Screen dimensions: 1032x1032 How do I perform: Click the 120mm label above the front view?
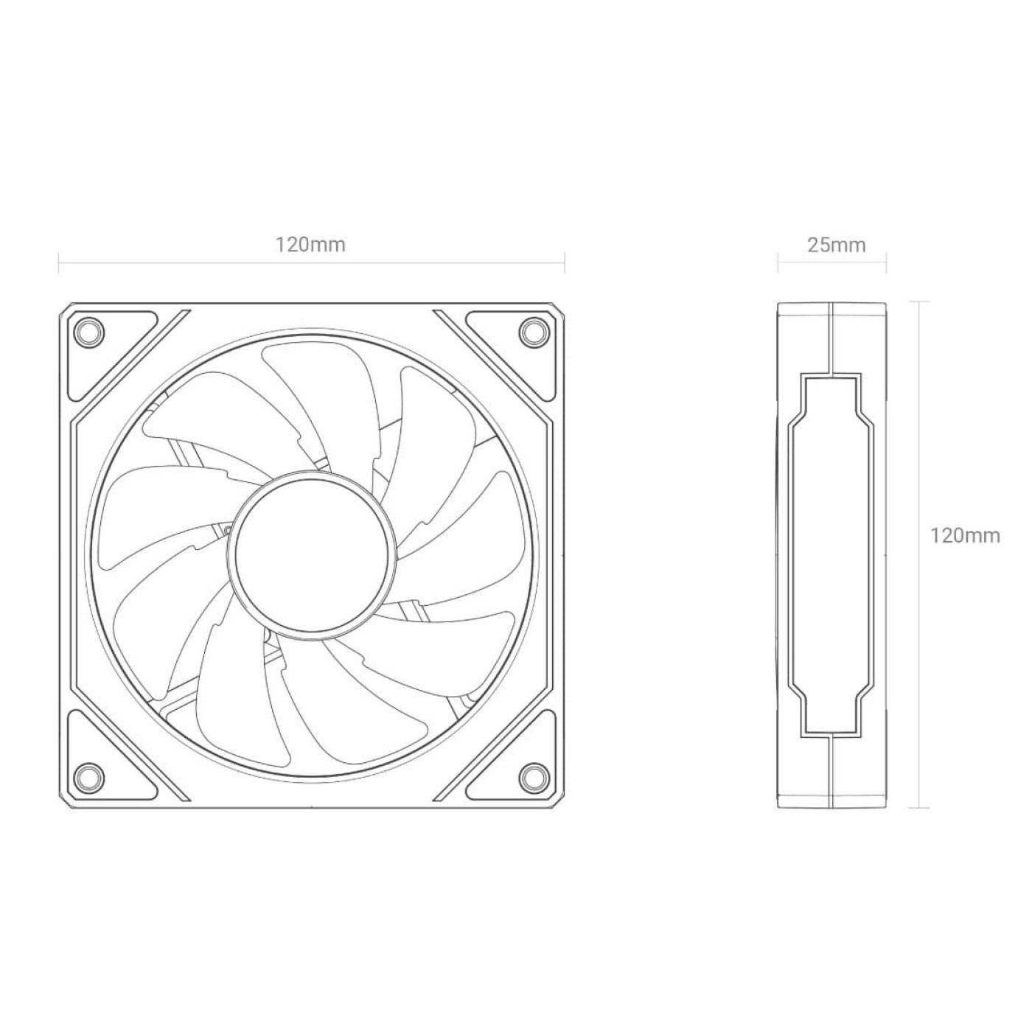point(310,245)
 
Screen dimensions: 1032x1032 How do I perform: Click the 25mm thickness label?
point(836,245)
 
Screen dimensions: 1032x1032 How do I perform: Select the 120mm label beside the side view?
point(965,536)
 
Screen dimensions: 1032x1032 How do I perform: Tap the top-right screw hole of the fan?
point(534,330)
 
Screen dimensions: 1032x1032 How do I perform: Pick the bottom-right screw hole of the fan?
point(534,775)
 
